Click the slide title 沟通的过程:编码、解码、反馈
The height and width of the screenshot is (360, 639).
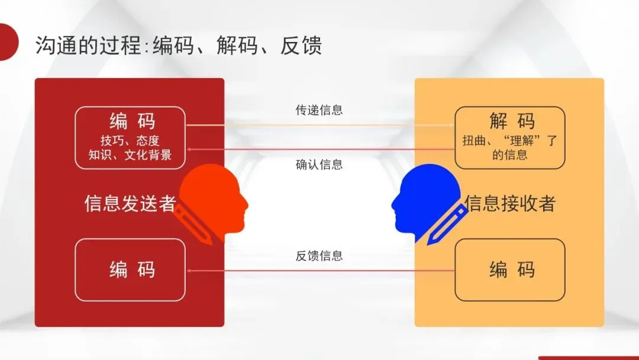coord(178,46)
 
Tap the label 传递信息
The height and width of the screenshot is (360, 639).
coord(319,110)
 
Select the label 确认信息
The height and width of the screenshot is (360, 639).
coord(319,165)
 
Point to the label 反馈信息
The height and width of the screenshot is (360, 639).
coord(319,256)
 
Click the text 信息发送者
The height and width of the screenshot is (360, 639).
coord(130,204)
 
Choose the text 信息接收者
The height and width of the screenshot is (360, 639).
coord(510,204)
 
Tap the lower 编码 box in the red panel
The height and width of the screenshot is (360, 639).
coord(131,269)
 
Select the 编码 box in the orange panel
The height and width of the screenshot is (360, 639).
coord(510,269)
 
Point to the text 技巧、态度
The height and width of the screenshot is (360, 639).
coord(130,141)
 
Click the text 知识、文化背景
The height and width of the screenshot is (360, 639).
coord(130,155)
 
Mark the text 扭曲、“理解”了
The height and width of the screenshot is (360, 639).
coord(510,142)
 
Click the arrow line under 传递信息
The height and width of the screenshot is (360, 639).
coord(319,126)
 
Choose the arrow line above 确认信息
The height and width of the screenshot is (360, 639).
coord(319,149)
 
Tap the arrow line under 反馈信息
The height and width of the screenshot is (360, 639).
coord(319,271)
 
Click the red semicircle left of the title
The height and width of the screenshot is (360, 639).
coord(7,41)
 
